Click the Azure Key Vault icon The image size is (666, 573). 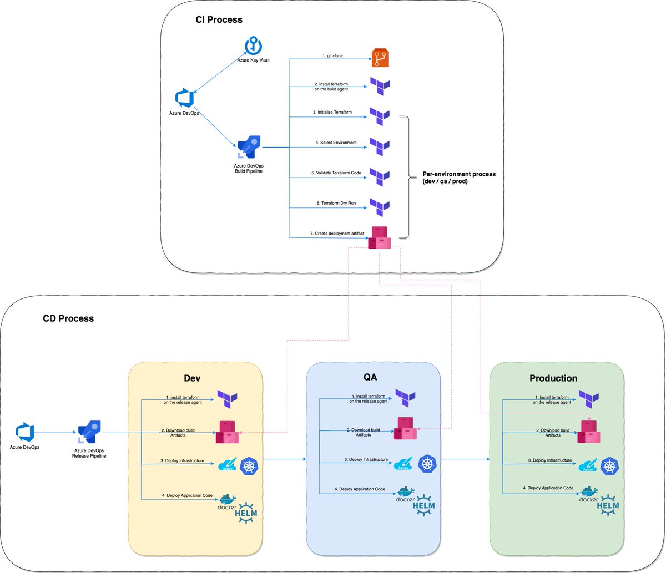[253, 45]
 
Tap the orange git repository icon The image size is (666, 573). [380, 58]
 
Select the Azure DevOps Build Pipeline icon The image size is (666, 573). [249, 147]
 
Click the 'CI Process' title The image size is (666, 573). [219, 19]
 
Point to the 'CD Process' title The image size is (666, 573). [68, 318]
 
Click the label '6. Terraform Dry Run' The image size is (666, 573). [336, 203]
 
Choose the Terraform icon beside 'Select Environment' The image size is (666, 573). [380, 147]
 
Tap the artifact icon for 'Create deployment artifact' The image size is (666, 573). [380, 238]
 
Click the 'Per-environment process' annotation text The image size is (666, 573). [459, 178]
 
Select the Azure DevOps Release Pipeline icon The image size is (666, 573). [89, 432]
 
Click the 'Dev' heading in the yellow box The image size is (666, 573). [192, 378]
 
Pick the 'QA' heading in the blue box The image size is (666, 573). [370, 377]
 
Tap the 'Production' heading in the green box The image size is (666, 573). [553, 378]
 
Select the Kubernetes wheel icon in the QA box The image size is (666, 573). [427, 464]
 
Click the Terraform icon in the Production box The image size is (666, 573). [589, 399]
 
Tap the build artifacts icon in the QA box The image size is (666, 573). [405, 428]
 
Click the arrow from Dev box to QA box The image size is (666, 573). [285, 459]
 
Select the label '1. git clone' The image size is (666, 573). [332, 55]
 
